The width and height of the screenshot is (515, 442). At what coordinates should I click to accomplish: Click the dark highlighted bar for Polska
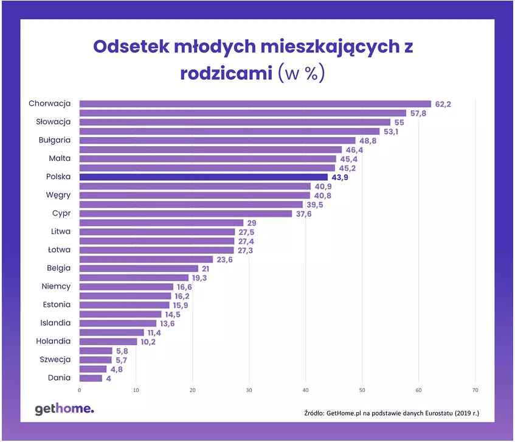(x=204, y=177)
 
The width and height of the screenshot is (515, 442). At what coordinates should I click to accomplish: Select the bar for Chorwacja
(x=255, y=104)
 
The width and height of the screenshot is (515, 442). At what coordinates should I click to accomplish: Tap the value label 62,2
(x=443, y=104)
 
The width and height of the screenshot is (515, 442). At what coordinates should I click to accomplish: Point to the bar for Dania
(x=91, y=378)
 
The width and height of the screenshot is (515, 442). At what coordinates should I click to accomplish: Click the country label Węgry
(x=58, y=195)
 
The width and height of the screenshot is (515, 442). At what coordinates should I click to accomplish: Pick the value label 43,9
(x=340, y=178)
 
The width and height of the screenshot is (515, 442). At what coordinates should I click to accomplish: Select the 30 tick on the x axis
(x=249, y=390)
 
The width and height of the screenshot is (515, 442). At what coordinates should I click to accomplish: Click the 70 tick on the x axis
(x=475, y=390)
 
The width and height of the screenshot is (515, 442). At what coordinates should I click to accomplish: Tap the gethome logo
(x=64, y=410)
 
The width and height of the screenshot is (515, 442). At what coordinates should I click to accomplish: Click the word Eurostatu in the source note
(x=439, y=413)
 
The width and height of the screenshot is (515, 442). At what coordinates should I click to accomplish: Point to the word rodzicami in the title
(x=226, y=73)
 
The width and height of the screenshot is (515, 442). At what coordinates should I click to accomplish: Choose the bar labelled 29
(x=161, y=223)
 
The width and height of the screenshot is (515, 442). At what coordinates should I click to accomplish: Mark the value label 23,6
(x=224, y=260)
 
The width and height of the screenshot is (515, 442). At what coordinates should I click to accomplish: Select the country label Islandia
(x=55, y=323)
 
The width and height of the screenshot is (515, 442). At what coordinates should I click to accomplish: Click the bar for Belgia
(x=139, y=268)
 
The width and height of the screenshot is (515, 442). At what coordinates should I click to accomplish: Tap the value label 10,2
(x=148, y=342)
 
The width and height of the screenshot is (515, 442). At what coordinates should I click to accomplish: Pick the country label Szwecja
(x=55, y=359)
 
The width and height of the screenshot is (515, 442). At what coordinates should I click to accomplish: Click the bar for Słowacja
(x=235, y=122)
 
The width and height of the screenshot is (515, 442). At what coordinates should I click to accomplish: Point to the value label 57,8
(x=418, y=113)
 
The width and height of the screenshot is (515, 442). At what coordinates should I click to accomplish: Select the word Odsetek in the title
(x=131, y=46)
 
